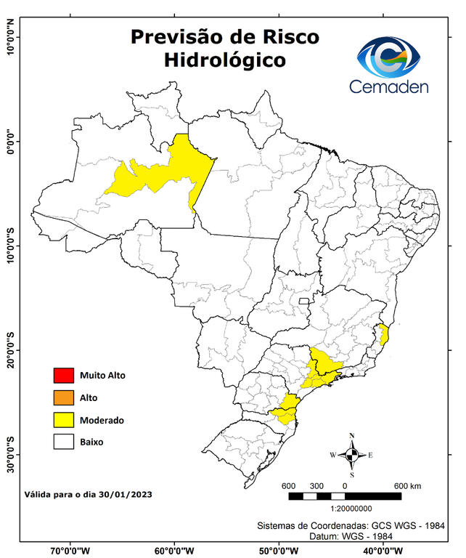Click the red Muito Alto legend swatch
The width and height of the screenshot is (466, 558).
pyautogui.click(x=64, y=376)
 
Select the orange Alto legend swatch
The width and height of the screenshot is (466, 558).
pyautogui.click(x=64, y=397)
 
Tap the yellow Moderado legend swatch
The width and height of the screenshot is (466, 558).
pyautogui.click(x=64, y=419)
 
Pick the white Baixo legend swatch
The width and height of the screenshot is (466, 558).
pyautogui.click(x=64, y=441)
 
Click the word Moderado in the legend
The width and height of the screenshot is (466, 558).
pyautogui.click(x=102, y=420)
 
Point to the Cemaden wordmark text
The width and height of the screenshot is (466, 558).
pyautogui.click(x=389, y=86)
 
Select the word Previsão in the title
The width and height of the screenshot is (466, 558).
pyautogui.click(x=176, y=36)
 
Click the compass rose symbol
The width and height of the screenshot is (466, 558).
pyautogui.click(x=352, y=455)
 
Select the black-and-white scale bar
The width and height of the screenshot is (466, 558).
pyautogui.click(x=345, y=496)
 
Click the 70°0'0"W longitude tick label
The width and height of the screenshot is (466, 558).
pyautogui.click(x=70, y=550)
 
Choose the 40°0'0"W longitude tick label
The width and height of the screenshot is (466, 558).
pyautogui.click(x=380, y=550)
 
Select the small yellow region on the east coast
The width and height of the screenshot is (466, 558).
pyautogui.click(x=384, y=336)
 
